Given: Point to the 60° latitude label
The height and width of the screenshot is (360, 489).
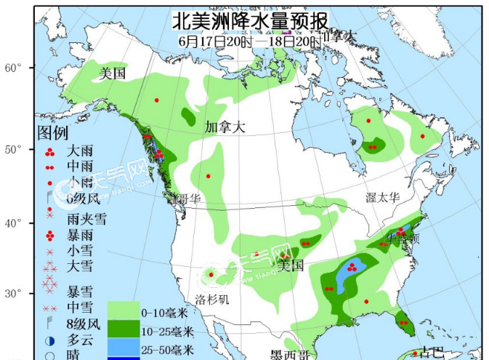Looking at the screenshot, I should pos(15,68).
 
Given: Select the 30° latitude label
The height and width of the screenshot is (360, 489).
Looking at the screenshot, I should pos(15,293).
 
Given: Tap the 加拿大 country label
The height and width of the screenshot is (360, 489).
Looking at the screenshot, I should pos(225,127).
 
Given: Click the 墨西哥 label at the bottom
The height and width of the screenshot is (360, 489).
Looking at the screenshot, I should pos(290,354).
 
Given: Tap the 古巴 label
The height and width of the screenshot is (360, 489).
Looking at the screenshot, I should pos(432,352).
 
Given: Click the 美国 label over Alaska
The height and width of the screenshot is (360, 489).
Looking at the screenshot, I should pos(113,73).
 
